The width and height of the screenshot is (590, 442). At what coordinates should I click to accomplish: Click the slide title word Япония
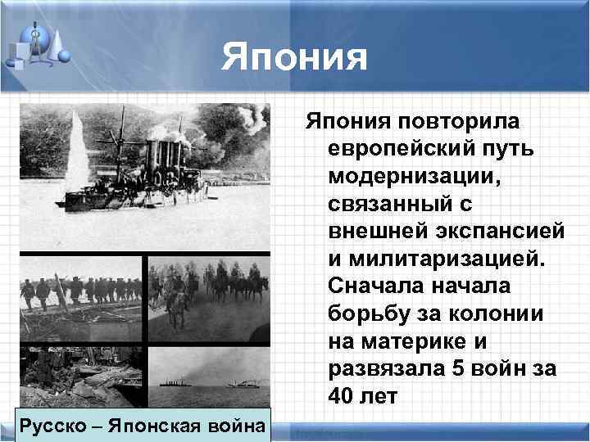click(295, 58)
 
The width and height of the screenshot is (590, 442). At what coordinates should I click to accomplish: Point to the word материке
click(403, 341)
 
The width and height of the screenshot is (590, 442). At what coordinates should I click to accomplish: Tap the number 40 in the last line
click(341, 397)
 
